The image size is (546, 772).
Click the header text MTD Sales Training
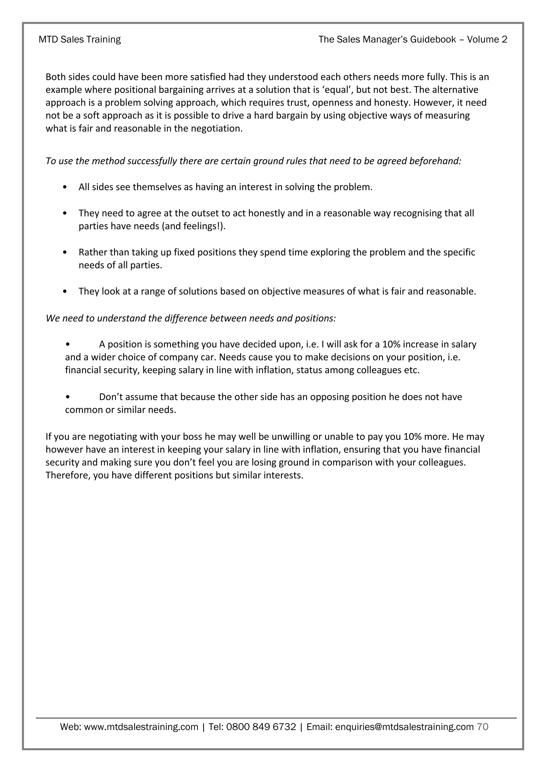(80, 39)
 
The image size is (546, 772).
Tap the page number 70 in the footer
(483, 727)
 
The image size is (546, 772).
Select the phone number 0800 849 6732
(261, 727)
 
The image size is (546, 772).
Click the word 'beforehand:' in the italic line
(435, 161)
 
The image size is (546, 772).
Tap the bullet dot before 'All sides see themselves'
(65, 187)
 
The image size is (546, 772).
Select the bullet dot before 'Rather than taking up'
(65, 252)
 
